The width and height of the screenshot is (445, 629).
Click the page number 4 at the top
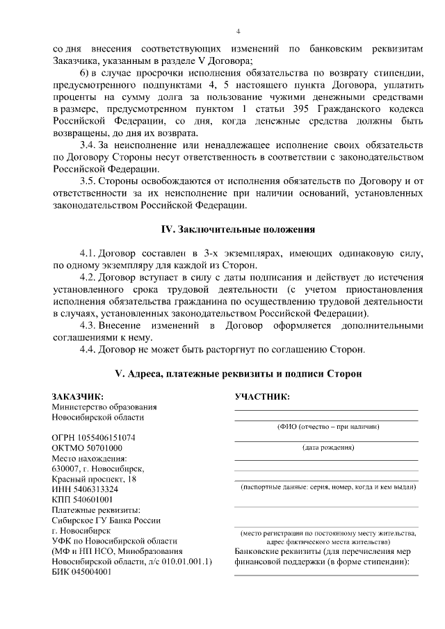pos(238,31)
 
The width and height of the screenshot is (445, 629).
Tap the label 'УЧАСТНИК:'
pos(262,396)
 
